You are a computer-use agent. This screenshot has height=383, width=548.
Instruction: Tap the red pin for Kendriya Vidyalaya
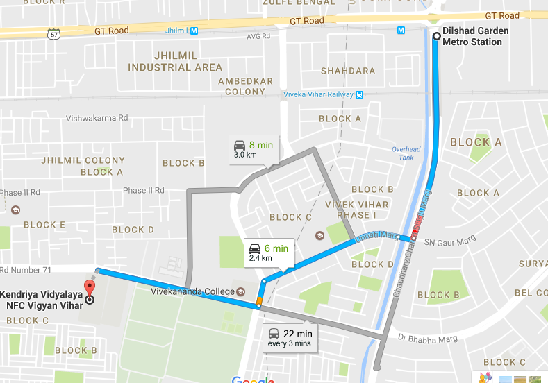tap(88, 286)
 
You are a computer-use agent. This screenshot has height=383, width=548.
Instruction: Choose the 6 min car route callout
tap(267, 253)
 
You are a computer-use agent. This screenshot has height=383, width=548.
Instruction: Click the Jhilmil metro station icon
tap(194, 31)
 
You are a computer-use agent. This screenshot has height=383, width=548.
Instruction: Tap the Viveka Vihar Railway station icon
tap(359, 94)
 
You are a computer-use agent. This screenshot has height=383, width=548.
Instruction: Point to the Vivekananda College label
tap(193, 291)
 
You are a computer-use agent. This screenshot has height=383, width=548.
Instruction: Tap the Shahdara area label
tap(347, 71)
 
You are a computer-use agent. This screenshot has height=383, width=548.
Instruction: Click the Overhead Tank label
tap(406, 153)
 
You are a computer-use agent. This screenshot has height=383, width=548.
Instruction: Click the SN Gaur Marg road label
tap(447, 241)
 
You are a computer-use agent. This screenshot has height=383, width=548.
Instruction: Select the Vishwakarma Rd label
tap(97, 119)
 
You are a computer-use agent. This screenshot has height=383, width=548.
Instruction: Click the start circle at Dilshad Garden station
tap(435, 37)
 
